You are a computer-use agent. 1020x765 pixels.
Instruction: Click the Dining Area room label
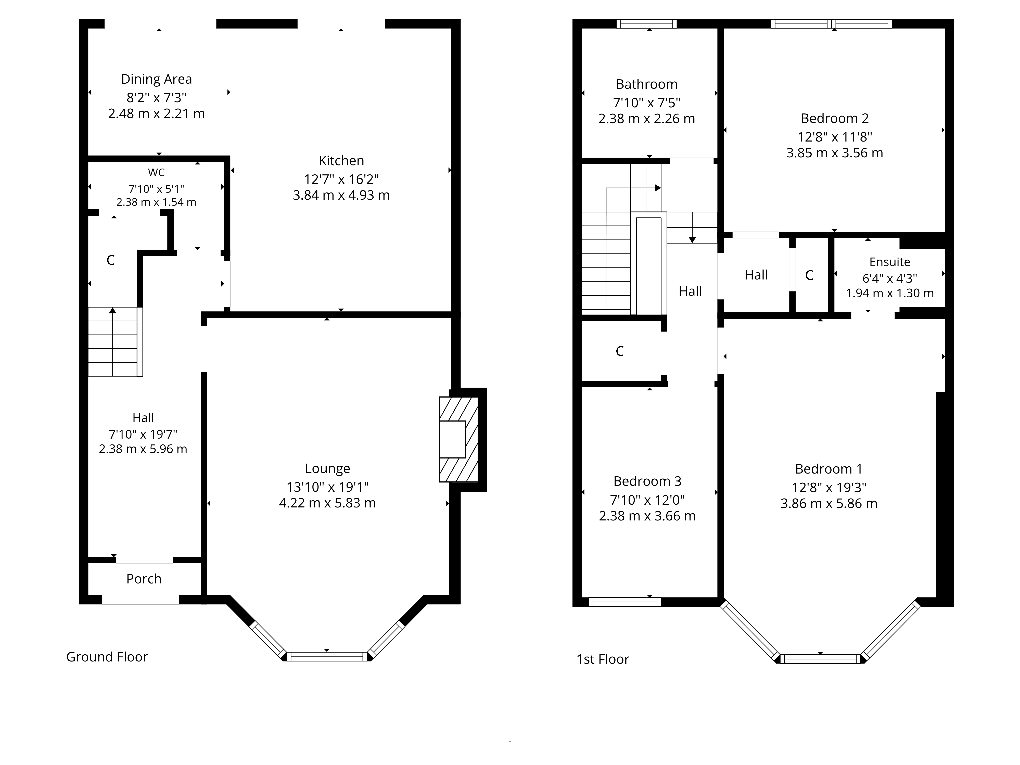pos(156,79)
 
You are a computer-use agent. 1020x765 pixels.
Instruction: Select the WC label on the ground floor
pos(156,172)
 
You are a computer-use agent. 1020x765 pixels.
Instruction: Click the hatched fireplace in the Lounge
pos(458,439)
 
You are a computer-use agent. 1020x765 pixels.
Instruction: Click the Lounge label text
pos(327,468)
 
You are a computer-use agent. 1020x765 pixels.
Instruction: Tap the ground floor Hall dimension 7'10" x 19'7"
pos(143,434)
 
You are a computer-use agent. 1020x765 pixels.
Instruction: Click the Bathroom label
pos(646,84)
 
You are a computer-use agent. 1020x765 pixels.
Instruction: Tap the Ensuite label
pos(889,262)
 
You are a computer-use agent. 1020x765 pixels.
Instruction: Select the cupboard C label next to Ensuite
pos(809,275)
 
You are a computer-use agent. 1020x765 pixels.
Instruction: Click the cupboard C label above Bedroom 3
pos(619,351)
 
